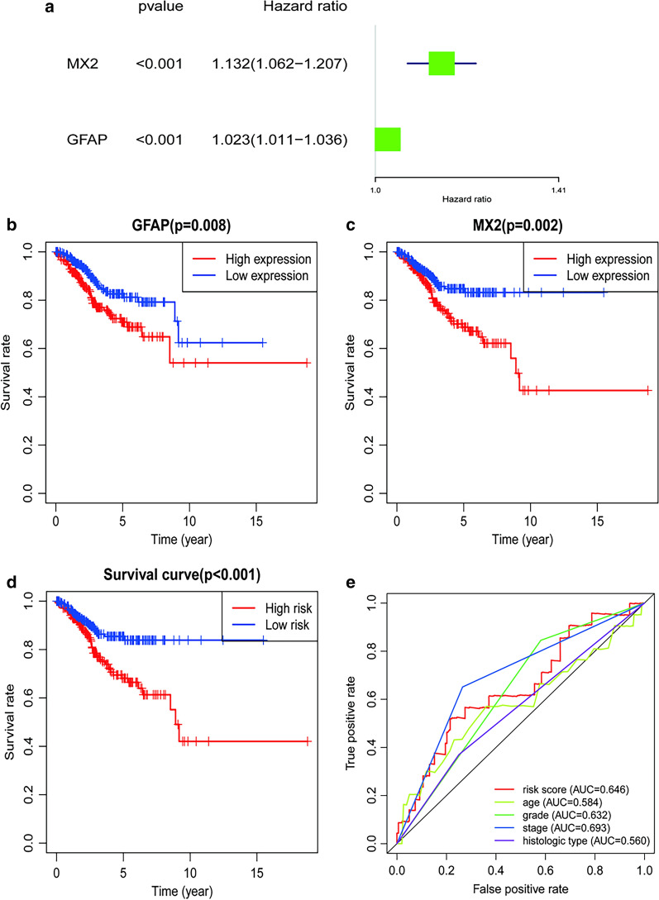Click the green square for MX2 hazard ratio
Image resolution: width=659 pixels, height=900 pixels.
(x=442, y=64)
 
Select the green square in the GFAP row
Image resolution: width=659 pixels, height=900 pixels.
(x=388, y=140)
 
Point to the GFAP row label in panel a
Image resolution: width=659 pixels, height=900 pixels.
(x=86, y=140)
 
